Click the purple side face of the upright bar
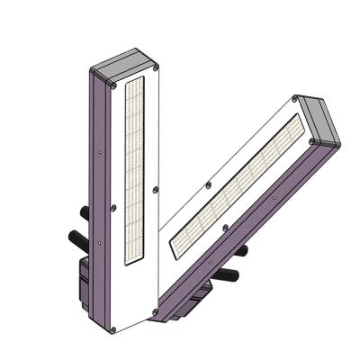(x=102, y=207)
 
